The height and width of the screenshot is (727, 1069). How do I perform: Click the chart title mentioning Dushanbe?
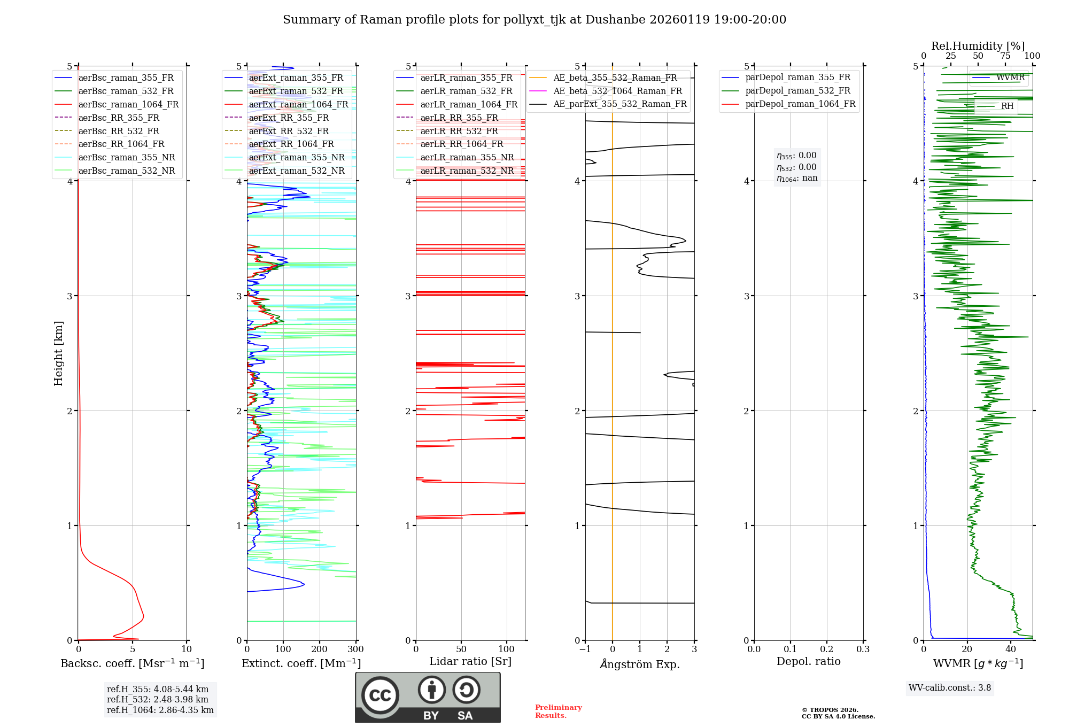534,20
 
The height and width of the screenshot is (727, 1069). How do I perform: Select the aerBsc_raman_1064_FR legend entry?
128,105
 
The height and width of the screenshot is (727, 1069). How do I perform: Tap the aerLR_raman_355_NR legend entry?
467,158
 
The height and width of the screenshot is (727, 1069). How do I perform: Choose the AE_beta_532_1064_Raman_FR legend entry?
617,91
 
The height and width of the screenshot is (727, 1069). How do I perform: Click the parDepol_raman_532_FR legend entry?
797,91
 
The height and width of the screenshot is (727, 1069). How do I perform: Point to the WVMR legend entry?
1010,78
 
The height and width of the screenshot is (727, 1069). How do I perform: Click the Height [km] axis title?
58,353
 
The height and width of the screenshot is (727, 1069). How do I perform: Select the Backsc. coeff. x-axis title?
132,663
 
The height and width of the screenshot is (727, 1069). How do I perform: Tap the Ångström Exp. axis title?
640,664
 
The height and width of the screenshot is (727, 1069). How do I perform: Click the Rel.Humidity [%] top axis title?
978,46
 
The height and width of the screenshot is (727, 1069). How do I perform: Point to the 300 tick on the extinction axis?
355,649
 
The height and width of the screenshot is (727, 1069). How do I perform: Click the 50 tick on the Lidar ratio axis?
461,649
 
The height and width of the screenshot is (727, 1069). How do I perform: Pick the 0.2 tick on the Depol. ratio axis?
826,649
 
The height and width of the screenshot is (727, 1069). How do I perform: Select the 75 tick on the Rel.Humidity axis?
1005,56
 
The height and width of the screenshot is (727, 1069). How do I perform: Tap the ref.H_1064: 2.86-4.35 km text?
160,710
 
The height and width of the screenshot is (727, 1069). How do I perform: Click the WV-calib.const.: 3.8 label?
949,688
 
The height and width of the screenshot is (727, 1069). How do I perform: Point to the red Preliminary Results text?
558,711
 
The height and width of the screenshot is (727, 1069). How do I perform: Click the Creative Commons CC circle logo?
380,695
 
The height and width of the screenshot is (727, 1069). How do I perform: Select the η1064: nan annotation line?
796,179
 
